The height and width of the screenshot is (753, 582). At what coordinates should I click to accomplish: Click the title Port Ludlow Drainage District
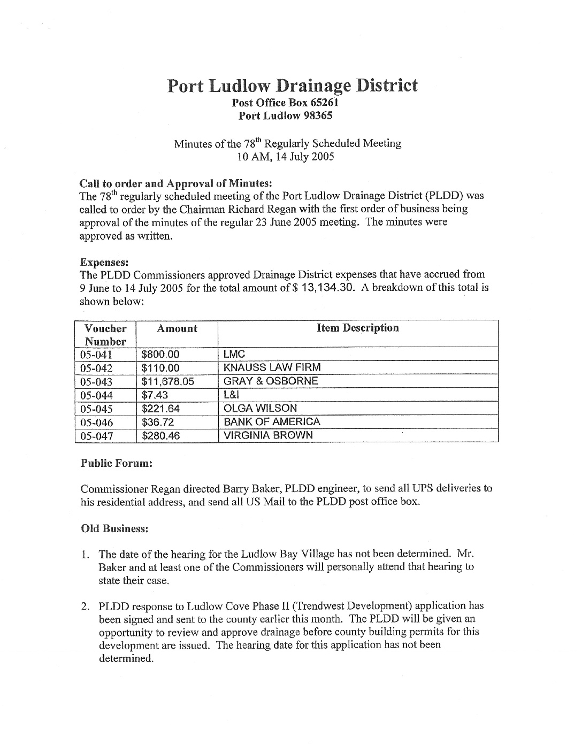[292, 86]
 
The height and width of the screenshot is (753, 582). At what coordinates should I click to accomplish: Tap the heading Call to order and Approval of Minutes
[176, 182]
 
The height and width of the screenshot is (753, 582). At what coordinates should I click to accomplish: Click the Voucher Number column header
[105, 335]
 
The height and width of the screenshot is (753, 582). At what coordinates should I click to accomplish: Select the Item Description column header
[358, 328]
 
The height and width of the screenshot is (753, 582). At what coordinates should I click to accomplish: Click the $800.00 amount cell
[160, 354]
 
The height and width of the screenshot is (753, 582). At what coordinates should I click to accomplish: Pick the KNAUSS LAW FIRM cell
[272, 367]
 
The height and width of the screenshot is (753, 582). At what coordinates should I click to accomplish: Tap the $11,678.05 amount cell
[167, 381]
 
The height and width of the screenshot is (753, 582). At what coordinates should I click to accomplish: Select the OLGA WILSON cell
[260, 408]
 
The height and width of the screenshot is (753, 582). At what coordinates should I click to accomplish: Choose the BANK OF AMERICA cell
[272, 421]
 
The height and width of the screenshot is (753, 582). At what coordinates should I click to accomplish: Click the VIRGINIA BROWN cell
[268, 435]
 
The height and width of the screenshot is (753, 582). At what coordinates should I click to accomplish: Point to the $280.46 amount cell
[160, 436]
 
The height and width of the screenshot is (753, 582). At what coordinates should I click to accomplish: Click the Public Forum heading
[117, 463]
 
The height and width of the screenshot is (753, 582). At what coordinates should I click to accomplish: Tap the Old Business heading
[114, 528]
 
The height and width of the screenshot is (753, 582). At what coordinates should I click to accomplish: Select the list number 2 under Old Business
[85, 606]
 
